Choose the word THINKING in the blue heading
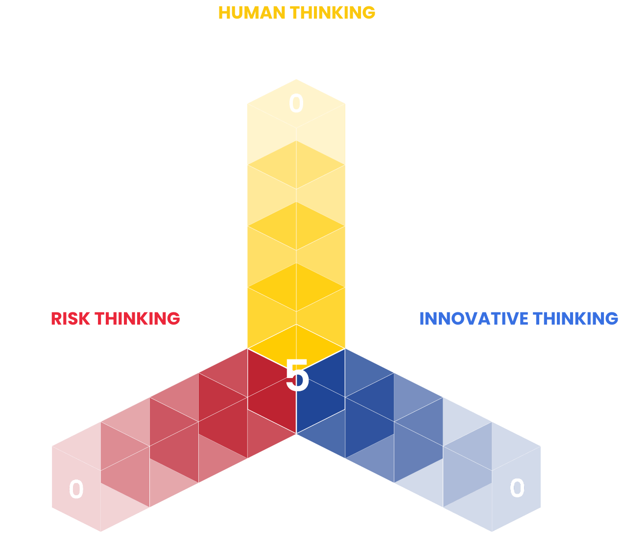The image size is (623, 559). pos(583,321)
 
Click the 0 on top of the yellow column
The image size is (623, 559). pos(296,103)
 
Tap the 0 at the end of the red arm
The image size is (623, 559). pos(76,489)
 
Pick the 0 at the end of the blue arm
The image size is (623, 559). pos(517,488)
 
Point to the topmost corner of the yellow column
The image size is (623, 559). pos(296,79)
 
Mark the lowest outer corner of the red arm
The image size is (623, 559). pos(100,531)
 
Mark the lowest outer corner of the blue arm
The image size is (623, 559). pos(492,531)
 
